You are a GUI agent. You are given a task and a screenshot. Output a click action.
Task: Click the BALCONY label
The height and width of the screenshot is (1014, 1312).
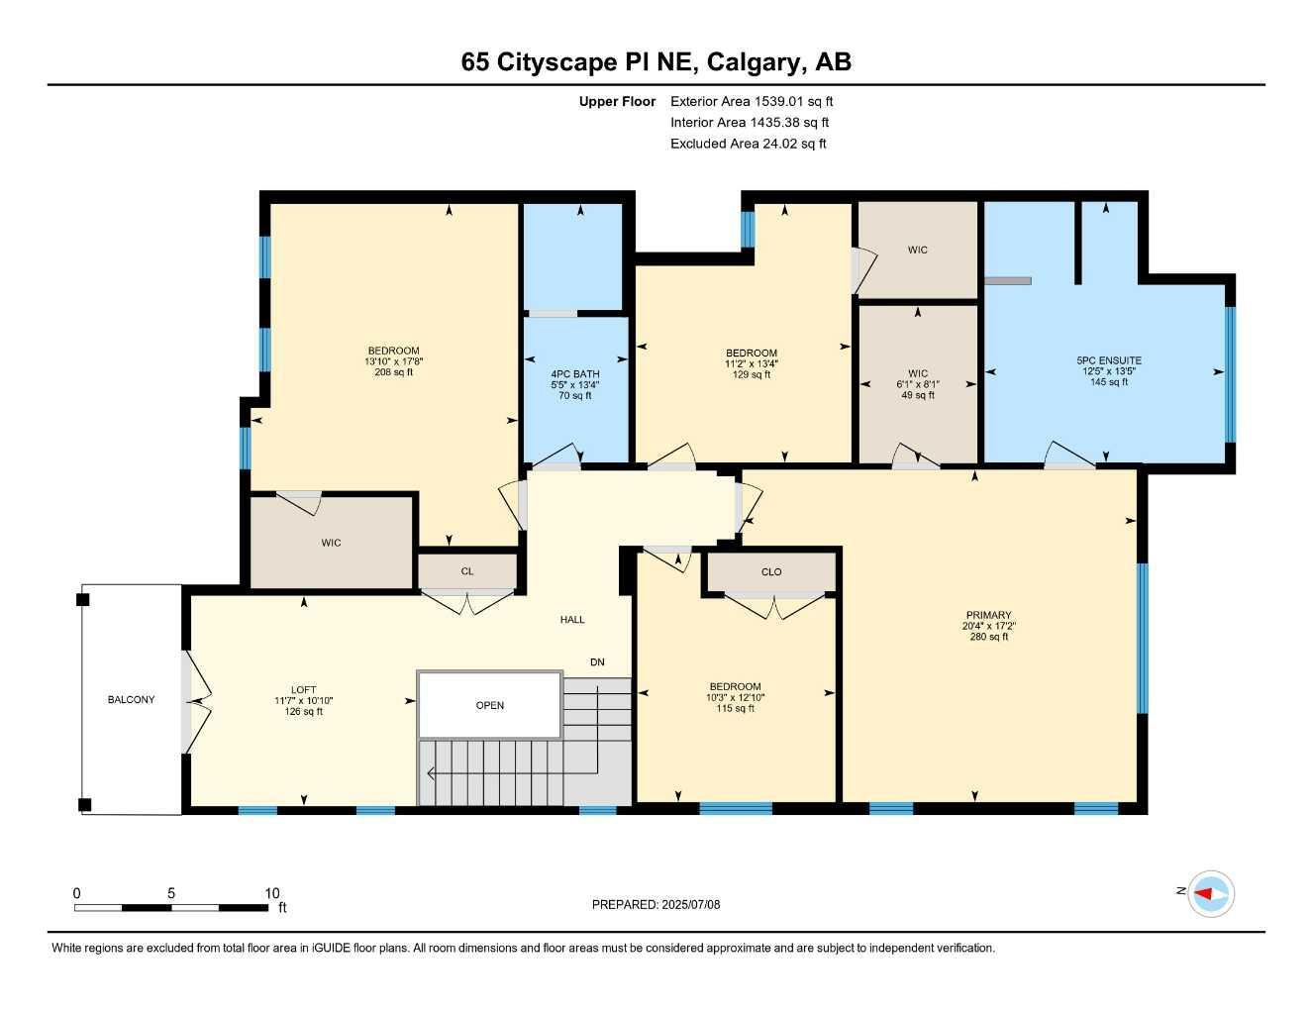coord(131,700)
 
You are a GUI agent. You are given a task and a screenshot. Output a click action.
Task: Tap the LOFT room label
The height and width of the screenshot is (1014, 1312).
coord(303,690)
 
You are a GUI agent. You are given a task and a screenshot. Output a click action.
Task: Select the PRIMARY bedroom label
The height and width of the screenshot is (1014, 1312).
coord(988,615)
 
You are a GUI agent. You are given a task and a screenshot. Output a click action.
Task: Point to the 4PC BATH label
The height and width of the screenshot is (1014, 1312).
coord(574,373)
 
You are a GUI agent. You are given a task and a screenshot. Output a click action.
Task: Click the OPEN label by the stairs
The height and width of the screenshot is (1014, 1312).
coord(490,706)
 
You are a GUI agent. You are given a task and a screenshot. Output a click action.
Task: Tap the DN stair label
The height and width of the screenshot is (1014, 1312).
coord(597,662)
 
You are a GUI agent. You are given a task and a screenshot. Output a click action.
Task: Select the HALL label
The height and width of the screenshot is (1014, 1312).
coord(572,620)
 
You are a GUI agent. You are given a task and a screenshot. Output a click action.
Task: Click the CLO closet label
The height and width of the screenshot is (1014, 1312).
coord(771,572)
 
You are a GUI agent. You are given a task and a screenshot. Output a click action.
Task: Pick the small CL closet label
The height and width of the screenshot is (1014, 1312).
coord(467,571)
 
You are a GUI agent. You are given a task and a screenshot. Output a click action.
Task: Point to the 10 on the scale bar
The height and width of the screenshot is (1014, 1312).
coord(272,893)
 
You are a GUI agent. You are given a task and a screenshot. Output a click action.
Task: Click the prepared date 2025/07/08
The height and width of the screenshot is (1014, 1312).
coord(692,904)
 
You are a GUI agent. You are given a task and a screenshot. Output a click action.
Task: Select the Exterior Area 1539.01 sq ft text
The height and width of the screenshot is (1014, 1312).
coord(752,101)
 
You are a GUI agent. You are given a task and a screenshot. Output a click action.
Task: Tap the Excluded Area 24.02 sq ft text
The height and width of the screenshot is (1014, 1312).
coord(748,144)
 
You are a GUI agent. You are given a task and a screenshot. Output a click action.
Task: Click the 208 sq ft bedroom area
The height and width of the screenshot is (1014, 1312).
coord(393,372)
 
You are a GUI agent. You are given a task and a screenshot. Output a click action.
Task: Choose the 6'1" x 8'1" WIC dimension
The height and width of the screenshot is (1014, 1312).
coord(917,384)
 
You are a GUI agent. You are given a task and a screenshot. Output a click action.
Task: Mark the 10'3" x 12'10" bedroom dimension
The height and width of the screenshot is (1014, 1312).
coord(735,698)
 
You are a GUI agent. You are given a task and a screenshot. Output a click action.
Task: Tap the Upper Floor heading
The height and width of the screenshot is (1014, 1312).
coord(617,101)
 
